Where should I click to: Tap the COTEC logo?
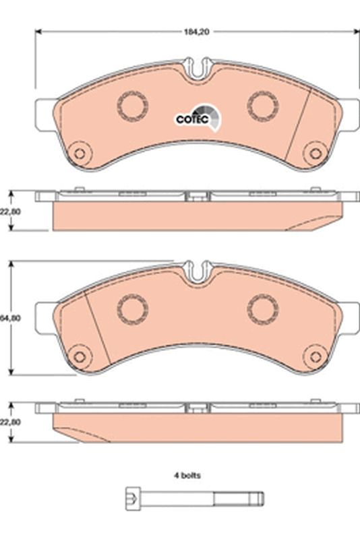tap(197, 118)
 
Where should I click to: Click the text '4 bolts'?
tap(188, 475)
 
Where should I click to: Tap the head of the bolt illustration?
tap(133, 499)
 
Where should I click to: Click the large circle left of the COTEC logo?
tap(132, 104)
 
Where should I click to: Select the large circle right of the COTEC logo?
tap(262, 104)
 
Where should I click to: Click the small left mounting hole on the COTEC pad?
tap(80, 153)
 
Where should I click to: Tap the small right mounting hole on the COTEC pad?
tap(313, 153)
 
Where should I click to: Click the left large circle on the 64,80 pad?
tap(132, 309)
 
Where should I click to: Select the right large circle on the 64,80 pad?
tap(262, 309)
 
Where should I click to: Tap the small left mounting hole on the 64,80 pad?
tap(80, 356)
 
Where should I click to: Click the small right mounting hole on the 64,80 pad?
tap(313, 356)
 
